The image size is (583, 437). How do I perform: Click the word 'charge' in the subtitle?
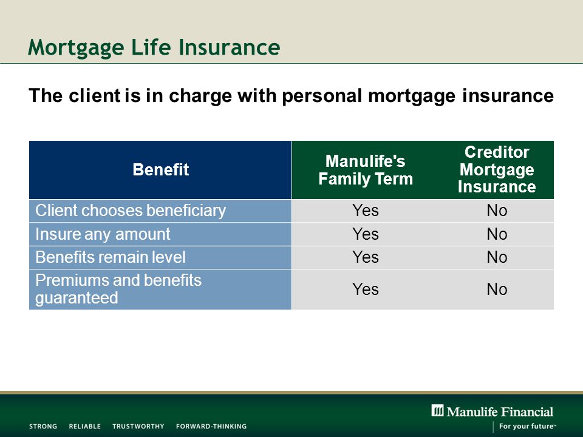point(200,97)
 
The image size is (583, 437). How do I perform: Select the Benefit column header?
point(160,169)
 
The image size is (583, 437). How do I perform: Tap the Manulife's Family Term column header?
point(366,170)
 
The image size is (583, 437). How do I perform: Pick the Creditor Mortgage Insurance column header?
point(497,169)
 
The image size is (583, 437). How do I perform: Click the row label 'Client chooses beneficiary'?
point(131,211)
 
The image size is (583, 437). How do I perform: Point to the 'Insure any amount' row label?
point(103,234)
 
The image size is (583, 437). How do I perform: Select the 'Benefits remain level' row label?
point(111,257)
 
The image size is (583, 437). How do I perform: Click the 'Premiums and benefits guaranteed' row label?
point(118,289)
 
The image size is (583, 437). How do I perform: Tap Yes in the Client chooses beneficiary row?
point(366,211)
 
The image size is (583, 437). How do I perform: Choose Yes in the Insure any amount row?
point(366,234)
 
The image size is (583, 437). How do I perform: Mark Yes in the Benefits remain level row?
point(366,257)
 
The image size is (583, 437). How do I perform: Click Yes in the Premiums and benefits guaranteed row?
point(366,289)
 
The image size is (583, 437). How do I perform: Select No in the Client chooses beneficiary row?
point(497,211)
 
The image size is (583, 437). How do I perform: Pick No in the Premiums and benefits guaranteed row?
point(497,289)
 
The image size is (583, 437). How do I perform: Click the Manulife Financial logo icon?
point(438,411)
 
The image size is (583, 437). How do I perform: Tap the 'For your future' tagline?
point(528,426)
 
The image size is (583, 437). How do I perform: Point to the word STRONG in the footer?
point(43,426)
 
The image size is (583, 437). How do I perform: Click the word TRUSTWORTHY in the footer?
point(138,426)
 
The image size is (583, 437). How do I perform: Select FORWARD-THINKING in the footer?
point(211,426)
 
